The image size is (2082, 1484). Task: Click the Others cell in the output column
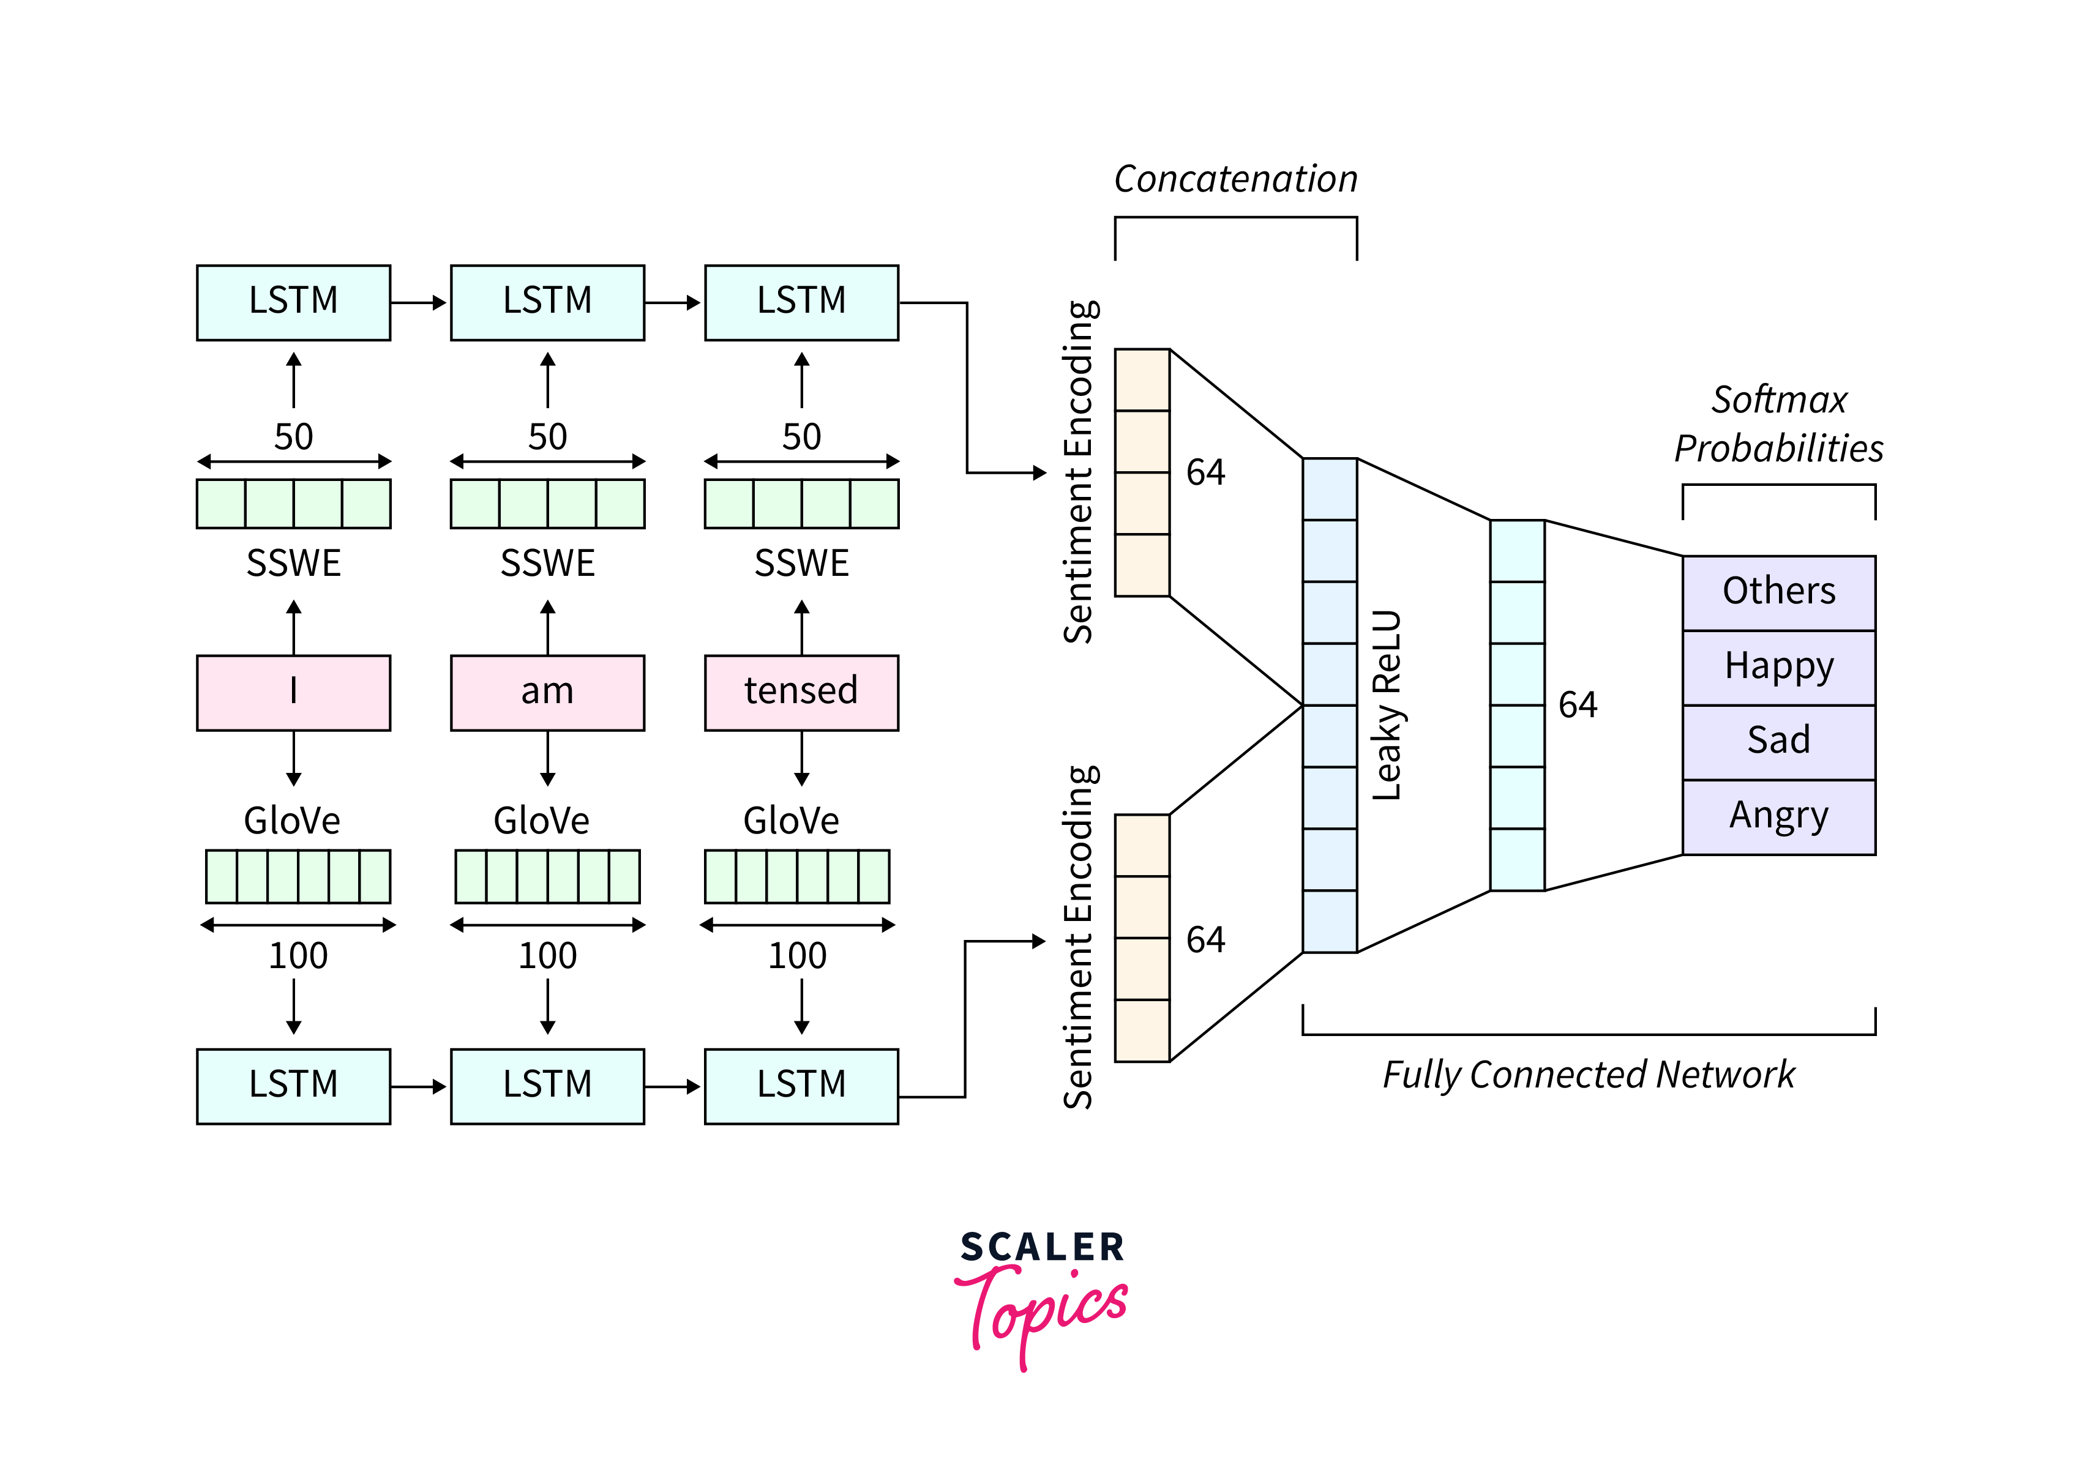[1778, 592]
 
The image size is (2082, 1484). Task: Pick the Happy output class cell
[1778, 667]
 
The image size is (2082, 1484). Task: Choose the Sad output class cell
[1778, 741]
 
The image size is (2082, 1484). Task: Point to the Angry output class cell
[1778, 816]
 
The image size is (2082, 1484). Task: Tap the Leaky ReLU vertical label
[1387, 706]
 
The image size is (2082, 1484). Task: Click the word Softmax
[1778, 400]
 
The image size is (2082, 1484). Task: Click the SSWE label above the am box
[547, 563]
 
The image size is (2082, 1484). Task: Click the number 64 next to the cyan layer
[1578, 704]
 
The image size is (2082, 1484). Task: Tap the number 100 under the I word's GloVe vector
[298, 956]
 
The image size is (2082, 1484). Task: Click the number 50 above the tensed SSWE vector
[801, 437]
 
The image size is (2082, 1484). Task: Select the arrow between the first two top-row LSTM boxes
[419, 302]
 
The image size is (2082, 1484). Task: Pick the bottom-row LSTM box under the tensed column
[801, 1086]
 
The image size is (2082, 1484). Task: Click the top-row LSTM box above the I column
[293, 302]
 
